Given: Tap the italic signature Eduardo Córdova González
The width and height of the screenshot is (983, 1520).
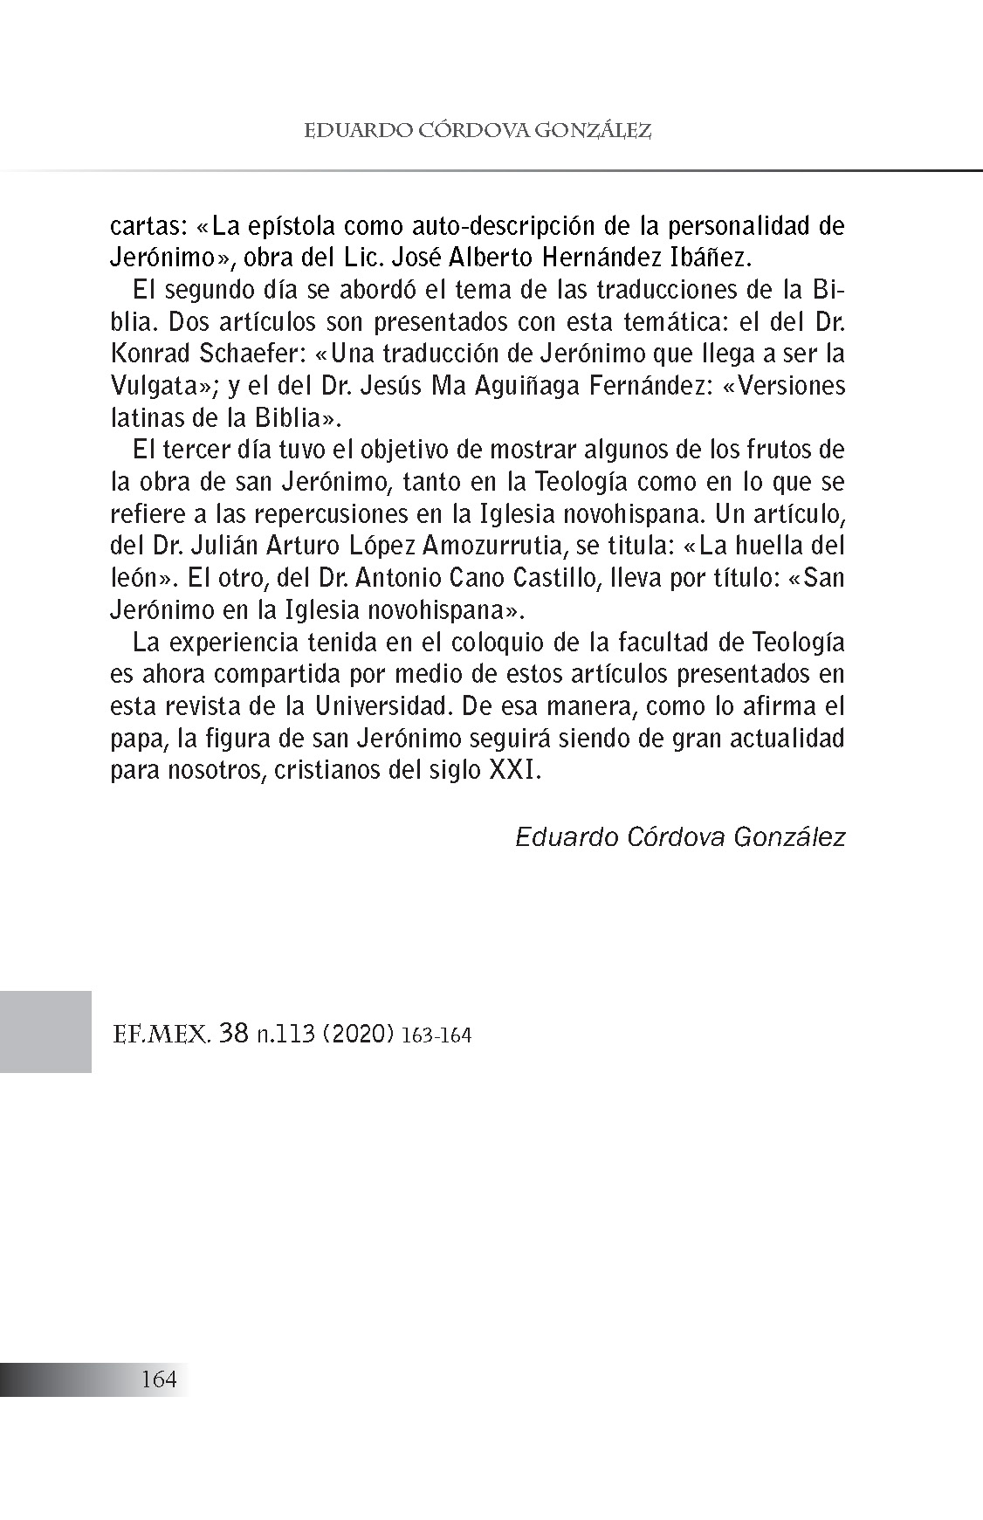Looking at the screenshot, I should pos(680,836).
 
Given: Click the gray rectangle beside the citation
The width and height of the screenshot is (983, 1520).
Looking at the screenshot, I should pos(45,1031).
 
